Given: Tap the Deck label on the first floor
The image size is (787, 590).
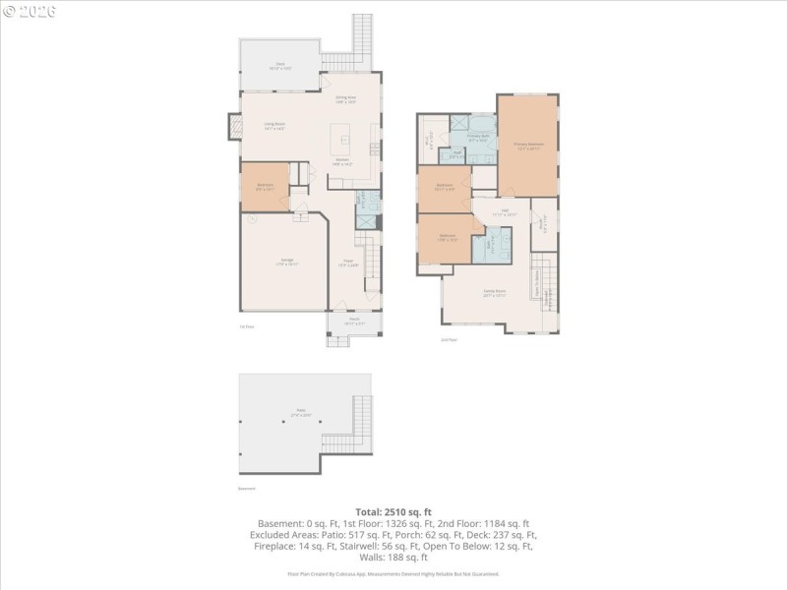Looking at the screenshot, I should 279,65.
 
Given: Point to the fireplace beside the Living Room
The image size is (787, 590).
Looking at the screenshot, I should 235,126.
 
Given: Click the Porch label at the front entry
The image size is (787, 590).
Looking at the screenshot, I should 353,320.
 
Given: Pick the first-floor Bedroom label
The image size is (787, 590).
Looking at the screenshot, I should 265,186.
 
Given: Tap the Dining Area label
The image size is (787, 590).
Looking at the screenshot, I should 345,98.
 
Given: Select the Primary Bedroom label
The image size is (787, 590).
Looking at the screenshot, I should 528,145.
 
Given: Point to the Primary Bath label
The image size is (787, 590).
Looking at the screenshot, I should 479,138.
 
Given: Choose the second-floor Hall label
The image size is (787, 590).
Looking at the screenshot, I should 504,211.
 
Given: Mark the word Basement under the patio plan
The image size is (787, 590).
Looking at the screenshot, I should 246,488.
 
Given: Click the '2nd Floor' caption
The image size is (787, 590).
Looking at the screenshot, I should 449,339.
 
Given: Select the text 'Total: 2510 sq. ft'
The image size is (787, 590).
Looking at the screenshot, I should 393,512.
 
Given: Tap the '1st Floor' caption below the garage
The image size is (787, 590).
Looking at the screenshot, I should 246,326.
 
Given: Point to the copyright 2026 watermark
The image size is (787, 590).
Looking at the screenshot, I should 30,11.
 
